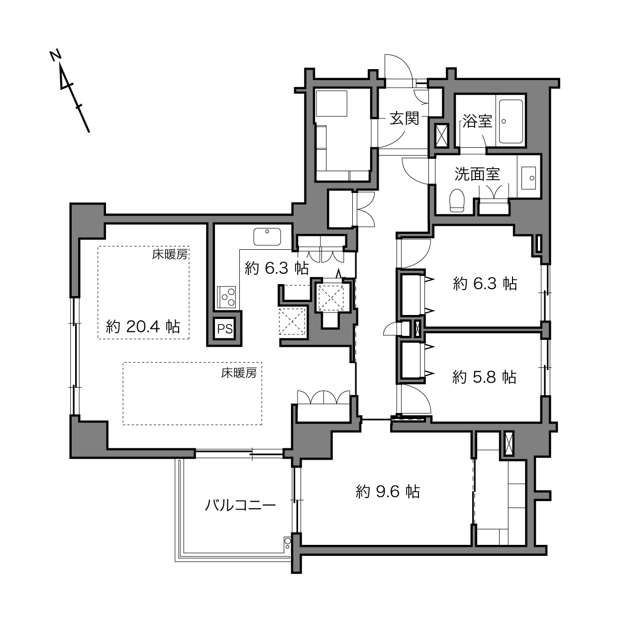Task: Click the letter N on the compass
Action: pos(56,56)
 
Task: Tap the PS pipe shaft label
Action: pos(225,329)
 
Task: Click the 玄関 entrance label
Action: pos(404,118)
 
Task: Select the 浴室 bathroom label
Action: pos(477,121)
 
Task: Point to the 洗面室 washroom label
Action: pos(477,174)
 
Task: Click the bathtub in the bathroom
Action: pos(511,121)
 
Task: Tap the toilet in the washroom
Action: pos(457,201)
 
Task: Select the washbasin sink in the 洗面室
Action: pos(528,178)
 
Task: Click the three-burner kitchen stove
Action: pos(226,297)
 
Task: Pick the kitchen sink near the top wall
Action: pos(267,237)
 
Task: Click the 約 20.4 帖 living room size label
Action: pos(143,326)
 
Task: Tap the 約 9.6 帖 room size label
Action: pos(388,492)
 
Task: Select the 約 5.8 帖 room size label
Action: pos(484,377)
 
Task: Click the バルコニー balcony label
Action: pos(240,505)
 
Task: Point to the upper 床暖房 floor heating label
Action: pos(170,255)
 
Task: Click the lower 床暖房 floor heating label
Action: pos(239,373)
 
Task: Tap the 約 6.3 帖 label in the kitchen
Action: pos(277,268)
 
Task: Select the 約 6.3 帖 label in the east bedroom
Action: pos(485,284)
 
